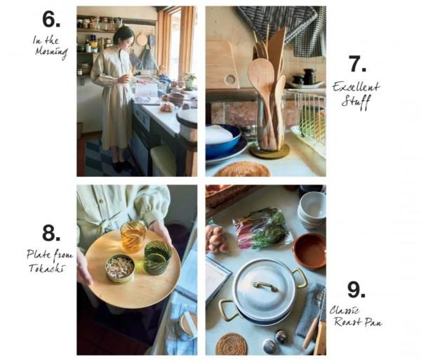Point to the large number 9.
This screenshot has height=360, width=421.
355,289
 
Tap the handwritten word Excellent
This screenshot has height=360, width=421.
356,88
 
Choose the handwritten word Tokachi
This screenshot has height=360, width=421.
47,268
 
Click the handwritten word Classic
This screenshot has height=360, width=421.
345,311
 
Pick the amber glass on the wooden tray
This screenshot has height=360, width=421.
133,236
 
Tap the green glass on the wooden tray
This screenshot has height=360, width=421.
158,258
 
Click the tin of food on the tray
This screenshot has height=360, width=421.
120,268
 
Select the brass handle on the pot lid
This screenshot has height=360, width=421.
265,286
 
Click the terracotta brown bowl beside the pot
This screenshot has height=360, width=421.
309,251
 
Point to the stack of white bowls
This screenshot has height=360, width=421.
312,211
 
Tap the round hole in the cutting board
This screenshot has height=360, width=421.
230,79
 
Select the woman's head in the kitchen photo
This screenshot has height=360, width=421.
123,36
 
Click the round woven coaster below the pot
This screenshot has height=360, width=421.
232,344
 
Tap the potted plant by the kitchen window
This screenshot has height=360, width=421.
189,81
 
